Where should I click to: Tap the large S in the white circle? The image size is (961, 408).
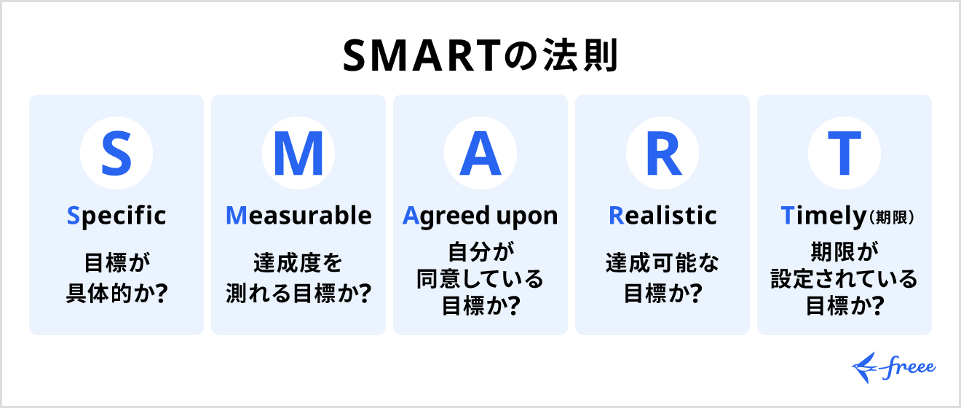pos(116,154)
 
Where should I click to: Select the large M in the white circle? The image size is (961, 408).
pos(298,154)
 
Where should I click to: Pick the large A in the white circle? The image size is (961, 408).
pos(480,154)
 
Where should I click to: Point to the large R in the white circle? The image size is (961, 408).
pos(663,154)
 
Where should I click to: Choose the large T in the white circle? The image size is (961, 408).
pos(845,154)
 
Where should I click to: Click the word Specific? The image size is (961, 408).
pos(116,215)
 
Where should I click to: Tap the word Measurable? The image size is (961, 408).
pos(298,215)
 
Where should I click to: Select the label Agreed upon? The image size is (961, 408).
pos(480,215)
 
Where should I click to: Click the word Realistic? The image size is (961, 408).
pos(663,215)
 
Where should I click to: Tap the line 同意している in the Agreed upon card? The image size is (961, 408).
pos(480,279)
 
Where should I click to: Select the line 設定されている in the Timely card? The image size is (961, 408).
pos(845,279)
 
